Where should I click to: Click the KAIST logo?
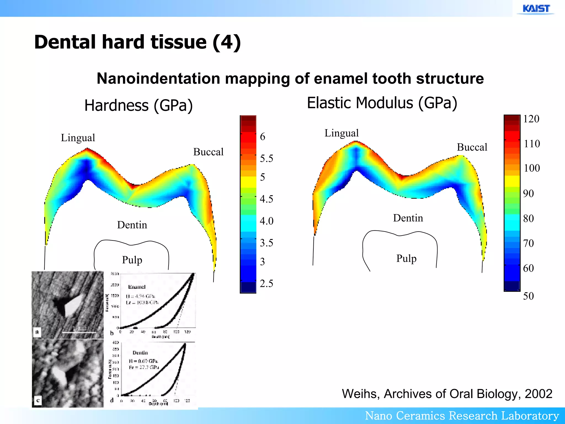[536, 9]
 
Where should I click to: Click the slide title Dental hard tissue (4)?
[137, 42]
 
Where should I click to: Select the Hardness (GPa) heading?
[138, 105]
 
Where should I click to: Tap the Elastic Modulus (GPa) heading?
[382, 103]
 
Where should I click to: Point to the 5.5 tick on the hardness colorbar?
[266, 158]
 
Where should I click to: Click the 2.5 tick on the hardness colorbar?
[266, 283]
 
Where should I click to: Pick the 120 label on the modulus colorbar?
[531, 119]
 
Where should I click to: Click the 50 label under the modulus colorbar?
[528, 296]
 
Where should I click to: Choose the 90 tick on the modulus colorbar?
[528, 194]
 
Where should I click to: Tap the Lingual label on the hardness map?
[78, 138]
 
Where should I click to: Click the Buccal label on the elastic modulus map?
[472, 147]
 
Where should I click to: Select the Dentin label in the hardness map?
[132, 225]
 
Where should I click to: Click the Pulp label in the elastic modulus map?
[406, 259]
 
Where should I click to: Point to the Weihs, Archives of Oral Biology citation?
[447, 394]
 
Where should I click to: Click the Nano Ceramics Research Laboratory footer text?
[462, 416]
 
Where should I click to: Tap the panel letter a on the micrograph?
[37, 332]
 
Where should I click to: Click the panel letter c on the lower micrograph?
[38, 400]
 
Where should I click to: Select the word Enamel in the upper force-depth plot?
[137, 287]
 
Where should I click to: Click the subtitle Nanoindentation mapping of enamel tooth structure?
[290, 79]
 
